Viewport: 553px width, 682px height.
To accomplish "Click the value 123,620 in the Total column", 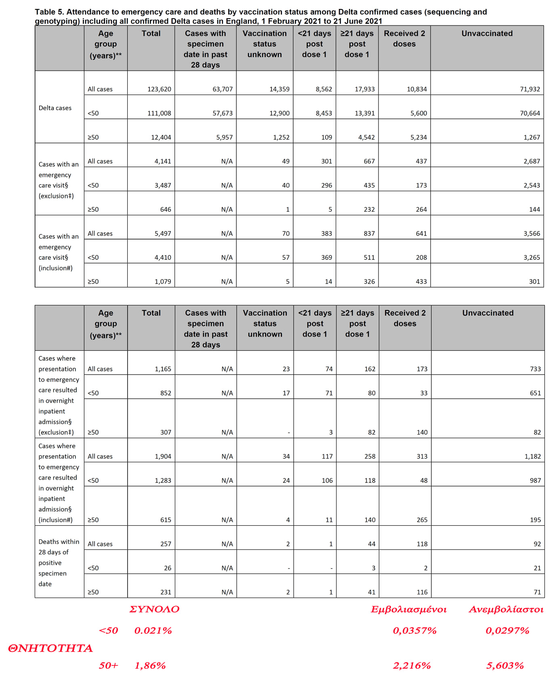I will click(159, 89).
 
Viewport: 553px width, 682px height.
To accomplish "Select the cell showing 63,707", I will click(223, 89).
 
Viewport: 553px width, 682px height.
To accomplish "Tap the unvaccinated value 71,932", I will click(530, 89).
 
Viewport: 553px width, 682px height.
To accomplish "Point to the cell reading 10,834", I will click(416, 89).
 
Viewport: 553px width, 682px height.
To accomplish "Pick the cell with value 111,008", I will click(159, 114).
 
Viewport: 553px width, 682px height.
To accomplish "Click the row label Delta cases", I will click(55, 108).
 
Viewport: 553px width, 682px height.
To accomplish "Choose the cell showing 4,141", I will click(163, 162).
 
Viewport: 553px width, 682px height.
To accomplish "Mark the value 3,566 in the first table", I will click(532, 234).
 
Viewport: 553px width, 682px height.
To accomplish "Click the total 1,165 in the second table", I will click(163, 369).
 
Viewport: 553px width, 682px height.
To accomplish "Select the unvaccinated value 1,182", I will click(532, 457).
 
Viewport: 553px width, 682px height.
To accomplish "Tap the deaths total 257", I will click(166, 544).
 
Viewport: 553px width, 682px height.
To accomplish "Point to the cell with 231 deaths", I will click(166, 592).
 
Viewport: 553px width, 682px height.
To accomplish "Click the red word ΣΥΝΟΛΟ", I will click(154, 609).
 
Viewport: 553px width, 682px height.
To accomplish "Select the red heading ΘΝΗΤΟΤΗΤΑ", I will click(50, 648).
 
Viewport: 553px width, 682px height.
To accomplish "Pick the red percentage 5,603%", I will click(505, 665).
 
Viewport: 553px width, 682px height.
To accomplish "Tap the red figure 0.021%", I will click(153, 631).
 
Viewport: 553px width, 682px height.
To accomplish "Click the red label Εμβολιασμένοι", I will click(408, 609).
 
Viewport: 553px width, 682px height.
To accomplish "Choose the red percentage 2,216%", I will click(412, 665).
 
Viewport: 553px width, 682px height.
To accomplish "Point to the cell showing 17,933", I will click(364, 89).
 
